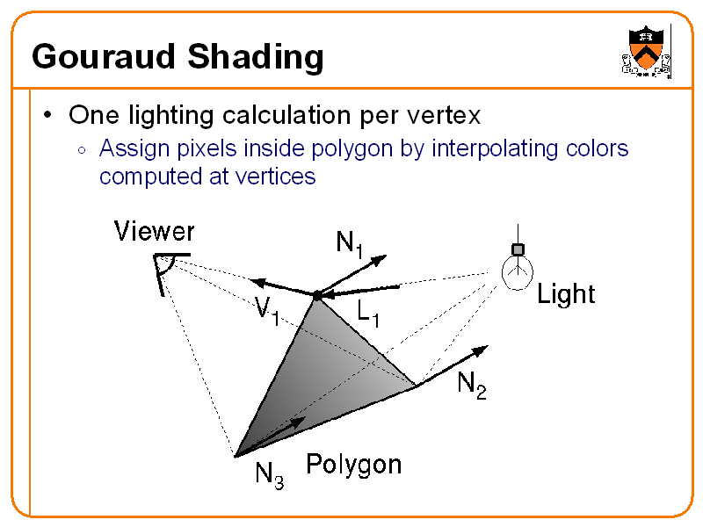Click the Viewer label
tap(155, 232)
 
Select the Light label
tap(566, 294)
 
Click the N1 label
tap(349, 243)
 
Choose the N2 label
tap(471, 385)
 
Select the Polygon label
tap(353, 464)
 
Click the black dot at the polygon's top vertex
tap(316, 293)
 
